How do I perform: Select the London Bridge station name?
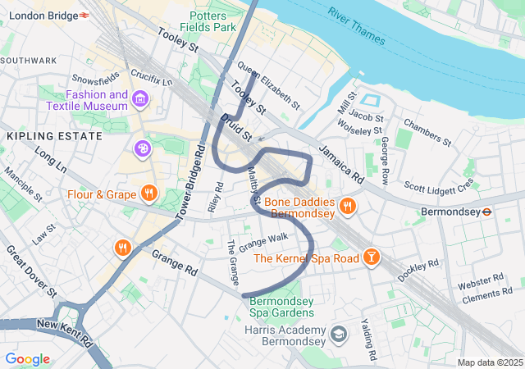click(x=39, y=16)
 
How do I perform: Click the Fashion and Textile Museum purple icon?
click(x=140, y=100)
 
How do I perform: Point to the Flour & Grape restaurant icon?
click(x=148, y=194)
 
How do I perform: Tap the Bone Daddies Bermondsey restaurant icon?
click(x=347, y=207)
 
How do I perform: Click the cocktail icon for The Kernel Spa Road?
click(x=372, y=258)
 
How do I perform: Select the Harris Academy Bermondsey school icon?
click(x=339, y=335)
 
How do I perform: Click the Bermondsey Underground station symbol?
click(x=486, y=211)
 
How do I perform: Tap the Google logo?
click(x=27, y=359)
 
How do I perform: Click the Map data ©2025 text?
click(x=489, y=362)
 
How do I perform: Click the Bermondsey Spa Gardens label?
click(x=282, y=307)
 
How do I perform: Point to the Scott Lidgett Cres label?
click(x=440, y=186)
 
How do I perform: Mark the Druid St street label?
click(x=235, y=128)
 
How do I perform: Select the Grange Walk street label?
click(x=263, y=241)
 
